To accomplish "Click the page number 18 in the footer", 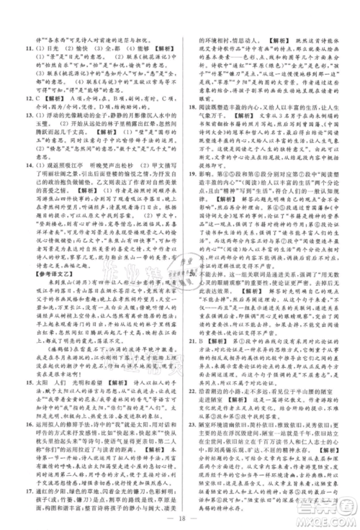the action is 180,514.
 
